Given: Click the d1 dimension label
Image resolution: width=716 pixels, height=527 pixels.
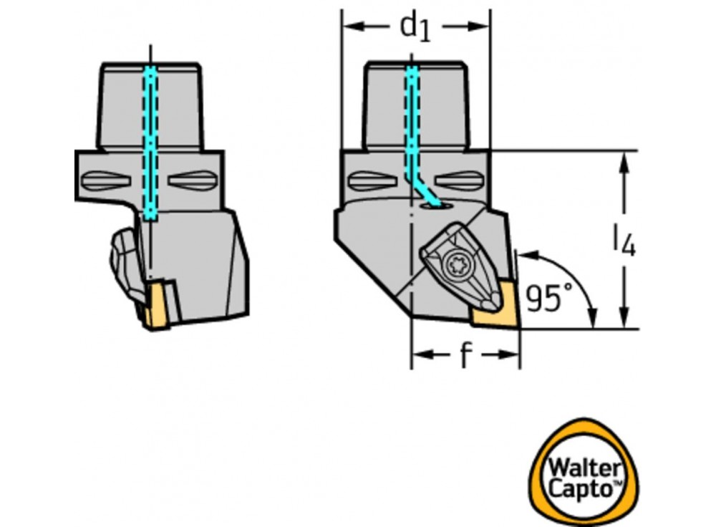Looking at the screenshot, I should (x=415, y=28).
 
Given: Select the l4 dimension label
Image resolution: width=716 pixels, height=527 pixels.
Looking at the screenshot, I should (x=624, y=241).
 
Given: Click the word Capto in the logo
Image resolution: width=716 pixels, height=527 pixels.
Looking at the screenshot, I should (x=581, y=490).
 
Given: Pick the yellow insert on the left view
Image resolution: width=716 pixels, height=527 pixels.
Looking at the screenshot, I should (x=156, y=307).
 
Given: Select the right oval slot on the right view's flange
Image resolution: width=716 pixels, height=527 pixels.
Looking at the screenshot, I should (x=460, y=180).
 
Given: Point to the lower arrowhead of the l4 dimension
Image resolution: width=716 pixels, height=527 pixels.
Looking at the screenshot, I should (x=625, y=319).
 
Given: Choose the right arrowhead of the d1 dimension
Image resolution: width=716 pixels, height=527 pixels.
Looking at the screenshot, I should (x=483, y=26).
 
